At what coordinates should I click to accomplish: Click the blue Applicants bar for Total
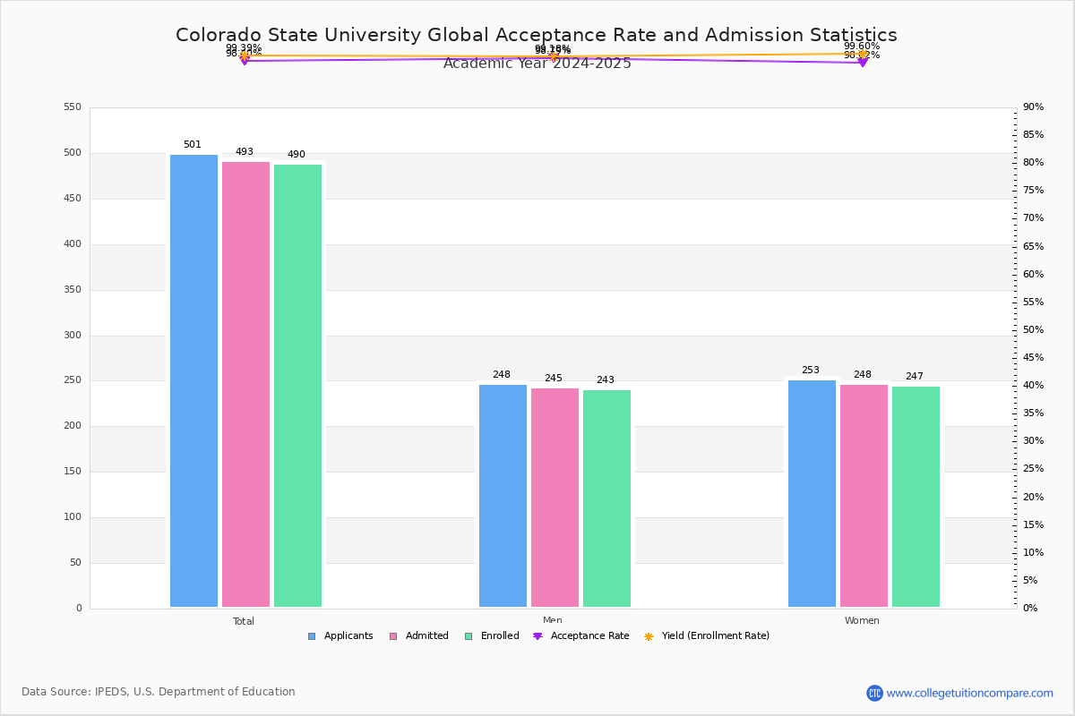click(193, 380)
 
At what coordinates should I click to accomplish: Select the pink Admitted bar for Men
click(555, 497)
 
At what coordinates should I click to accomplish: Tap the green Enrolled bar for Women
click(916, 497)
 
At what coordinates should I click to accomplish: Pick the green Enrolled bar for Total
click(297, 385)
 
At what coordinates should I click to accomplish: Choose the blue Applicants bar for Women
click(812, 493)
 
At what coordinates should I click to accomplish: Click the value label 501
click(193, 145)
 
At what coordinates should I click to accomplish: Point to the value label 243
click(606, 380)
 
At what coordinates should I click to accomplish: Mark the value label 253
click(811, 371)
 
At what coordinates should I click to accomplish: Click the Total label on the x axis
click(244, 621)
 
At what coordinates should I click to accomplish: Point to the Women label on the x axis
click(862, 621)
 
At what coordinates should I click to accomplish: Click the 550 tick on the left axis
click(73, 107)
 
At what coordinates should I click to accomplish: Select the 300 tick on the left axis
click(73, 336)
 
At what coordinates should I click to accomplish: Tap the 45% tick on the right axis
click(1033, 358)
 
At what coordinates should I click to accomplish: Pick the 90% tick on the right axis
click(1033, 107)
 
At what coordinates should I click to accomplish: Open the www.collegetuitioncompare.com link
click(969, 693)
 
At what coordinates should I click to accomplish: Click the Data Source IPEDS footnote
click(159, 692)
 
